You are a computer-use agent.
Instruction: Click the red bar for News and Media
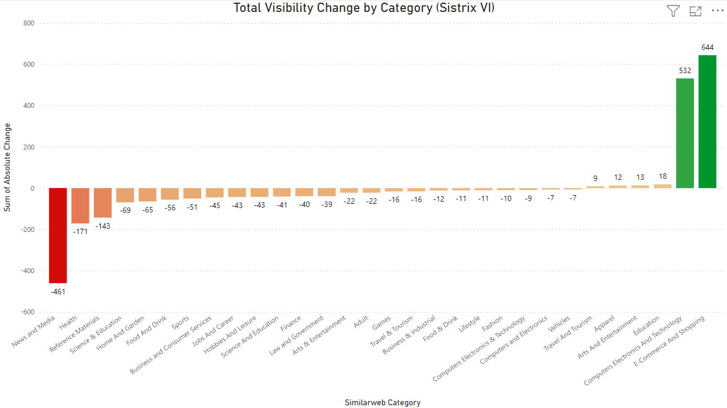(x=58, y=235)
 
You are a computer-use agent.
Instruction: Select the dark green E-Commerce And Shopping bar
(x=707, y=122)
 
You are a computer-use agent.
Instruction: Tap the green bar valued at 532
(x=685, y=133)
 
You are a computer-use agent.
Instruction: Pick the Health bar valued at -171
(x=80, y=206)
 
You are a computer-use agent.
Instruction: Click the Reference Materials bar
(x=102, y=203)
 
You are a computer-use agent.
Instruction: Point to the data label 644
(x=707, y=47)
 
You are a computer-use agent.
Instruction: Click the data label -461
(x=58, y=292)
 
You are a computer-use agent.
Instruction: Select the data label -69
(x=125, y=210)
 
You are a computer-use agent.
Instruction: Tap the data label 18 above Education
(x=662, y=177)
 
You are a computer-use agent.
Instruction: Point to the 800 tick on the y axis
(x=29, y=23)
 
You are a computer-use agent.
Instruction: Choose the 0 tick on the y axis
(x=33, y=189)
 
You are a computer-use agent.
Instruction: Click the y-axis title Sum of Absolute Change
(x=8, y=167)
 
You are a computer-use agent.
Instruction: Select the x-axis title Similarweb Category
(x=382, y=403)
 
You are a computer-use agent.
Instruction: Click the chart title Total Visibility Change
(x=364, y=8)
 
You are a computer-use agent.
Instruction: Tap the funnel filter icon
(x=673, y=11)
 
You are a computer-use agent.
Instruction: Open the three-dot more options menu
(x=717, y=11)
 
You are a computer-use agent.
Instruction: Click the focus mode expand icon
(x=695, y=11)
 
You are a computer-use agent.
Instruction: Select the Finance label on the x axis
(x=291, y=323)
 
